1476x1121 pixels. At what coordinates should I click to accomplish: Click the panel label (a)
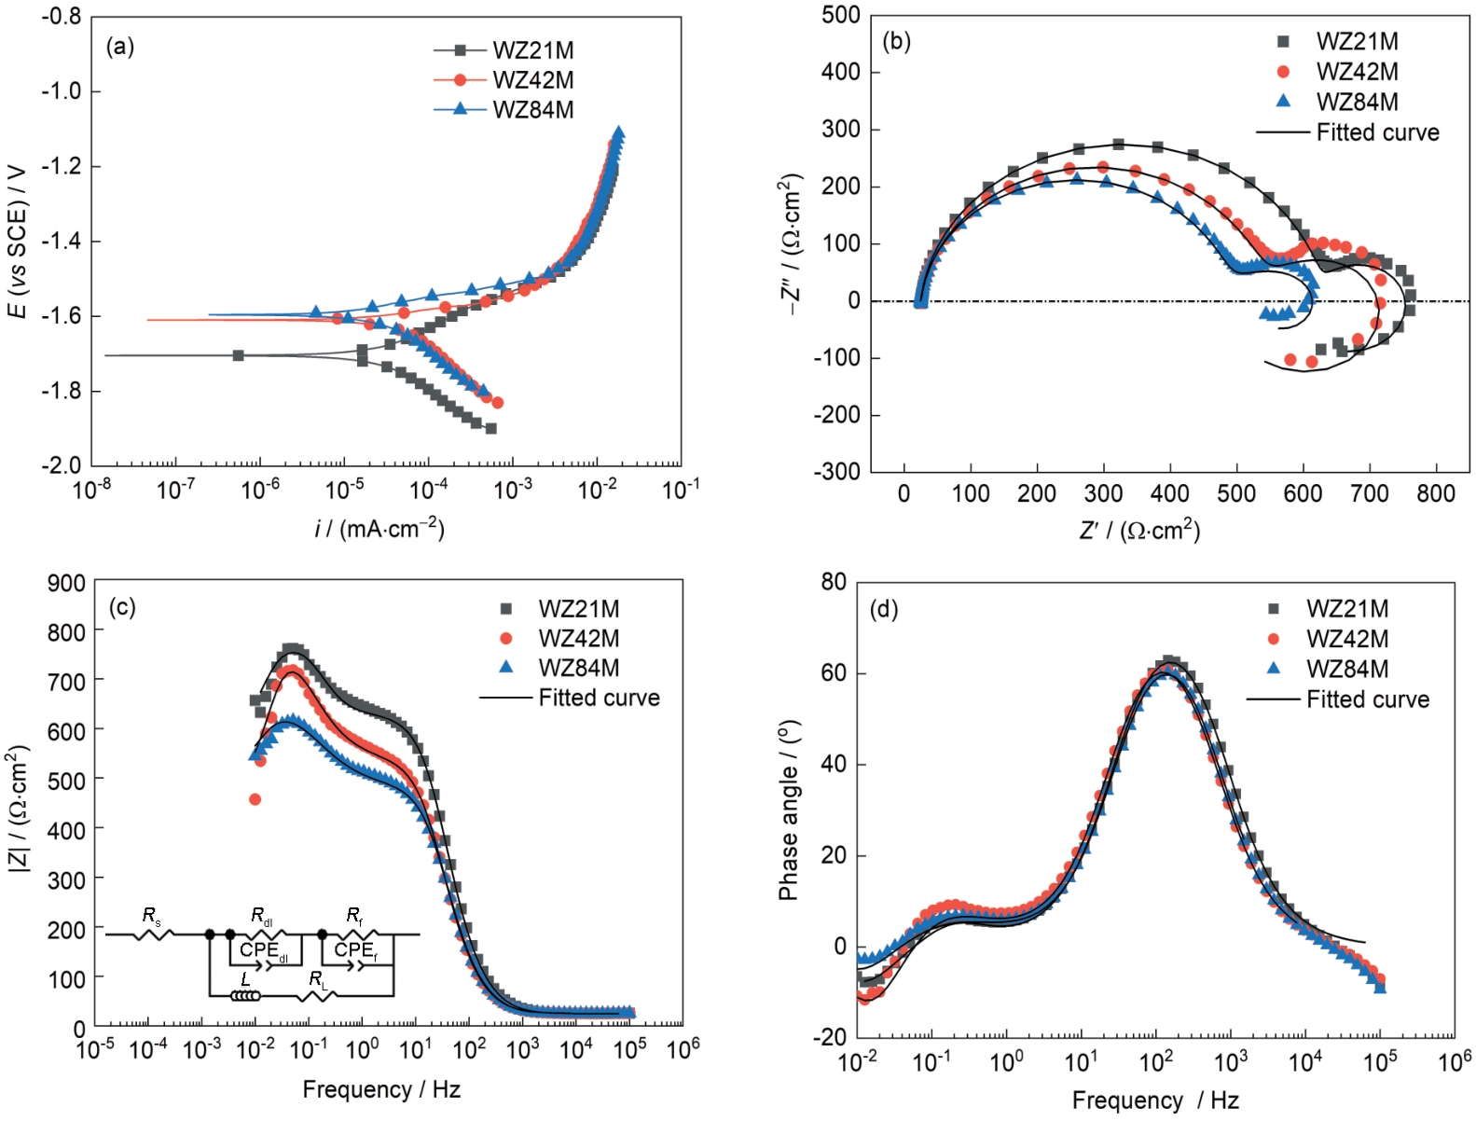[x=120, y=48]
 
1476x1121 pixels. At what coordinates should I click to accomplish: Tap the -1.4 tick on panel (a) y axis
[x=62, y=242]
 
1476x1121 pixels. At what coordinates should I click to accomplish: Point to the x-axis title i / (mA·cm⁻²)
[x=379, y=529]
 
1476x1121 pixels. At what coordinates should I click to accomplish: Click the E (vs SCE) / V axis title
[x=18, y=241]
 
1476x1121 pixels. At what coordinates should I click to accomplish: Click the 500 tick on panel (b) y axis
[x=841, y=16]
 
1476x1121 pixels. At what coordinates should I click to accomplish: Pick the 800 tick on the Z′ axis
[x=1435, y=494]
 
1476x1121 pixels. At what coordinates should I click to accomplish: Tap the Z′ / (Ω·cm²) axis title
[x=1139, y=531]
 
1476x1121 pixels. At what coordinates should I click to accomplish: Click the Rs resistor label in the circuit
[x=151, y=916]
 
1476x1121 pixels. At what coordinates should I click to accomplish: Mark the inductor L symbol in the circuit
[x=246, y=995]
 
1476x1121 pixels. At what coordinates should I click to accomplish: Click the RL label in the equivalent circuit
[x=319, y=979]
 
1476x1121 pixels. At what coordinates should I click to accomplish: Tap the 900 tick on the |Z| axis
[x=67, y=583]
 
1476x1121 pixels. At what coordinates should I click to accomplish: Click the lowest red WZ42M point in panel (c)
[x=255, y=799]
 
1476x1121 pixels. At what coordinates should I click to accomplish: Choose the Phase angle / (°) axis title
[x=789, y=810]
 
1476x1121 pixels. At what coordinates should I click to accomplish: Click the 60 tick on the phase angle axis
[x=834, y=673]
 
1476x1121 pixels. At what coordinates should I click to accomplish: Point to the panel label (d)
[x=883, y=610]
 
